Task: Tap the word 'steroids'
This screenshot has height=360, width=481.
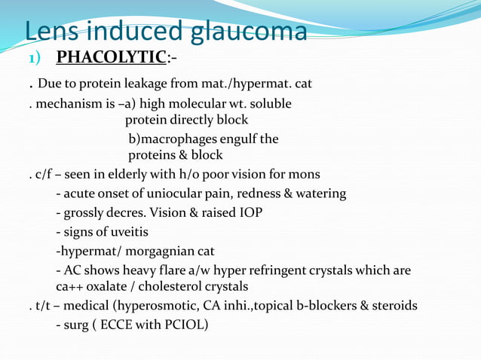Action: tap(394, 306)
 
